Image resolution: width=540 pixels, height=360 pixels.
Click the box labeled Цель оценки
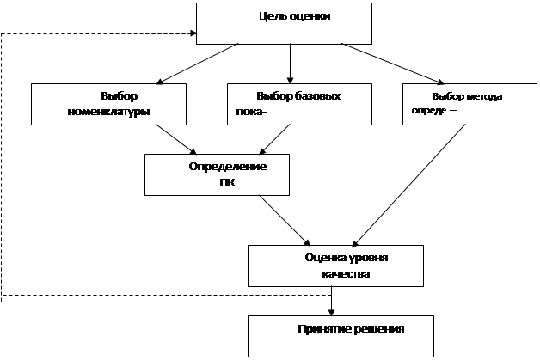click(x=284, y=23)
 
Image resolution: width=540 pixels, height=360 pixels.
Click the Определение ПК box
click(x=229, y=174)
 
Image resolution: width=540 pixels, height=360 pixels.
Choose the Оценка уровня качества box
click(x=334, y=265)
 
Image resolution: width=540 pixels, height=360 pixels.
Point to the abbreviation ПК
click(x=227, y=182)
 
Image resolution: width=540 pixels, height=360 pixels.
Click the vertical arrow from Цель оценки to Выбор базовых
click(x=290, y=63)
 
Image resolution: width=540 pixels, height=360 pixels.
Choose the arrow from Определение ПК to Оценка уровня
click(x=285, y=220)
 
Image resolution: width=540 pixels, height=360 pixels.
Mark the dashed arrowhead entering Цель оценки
click(x=191, y=34)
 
